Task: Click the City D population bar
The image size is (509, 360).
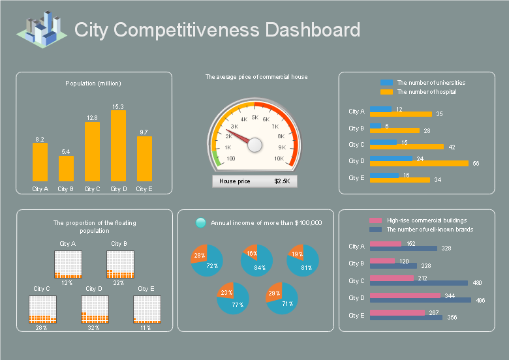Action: coord(118,145)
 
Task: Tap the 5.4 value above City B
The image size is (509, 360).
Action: coord(65,152)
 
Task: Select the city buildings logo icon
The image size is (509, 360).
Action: coord(42,29)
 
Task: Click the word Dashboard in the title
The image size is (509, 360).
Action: coord(313,29)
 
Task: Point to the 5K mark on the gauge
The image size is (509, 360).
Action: coord(255,117)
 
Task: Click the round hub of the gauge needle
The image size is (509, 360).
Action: coord(254,145)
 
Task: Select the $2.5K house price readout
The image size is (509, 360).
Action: coord(282,181)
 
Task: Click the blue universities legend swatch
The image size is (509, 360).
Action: coord(386,83)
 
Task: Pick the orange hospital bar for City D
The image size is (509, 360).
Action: coord(419,164)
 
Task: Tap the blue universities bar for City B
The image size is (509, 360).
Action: coord(376,126)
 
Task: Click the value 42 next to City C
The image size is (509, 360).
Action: coord(452,147)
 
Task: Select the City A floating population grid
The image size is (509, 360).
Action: coord(68,264)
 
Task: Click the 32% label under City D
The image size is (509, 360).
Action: coord(93,328)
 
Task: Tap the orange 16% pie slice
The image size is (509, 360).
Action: coord(251,252)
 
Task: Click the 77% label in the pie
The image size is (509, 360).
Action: coord(238,305)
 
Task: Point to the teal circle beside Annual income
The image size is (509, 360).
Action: coord(200,223)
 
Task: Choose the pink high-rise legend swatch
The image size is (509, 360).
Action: coord(376,220)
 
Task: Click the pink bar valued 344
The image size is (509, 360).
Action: coord(405,295)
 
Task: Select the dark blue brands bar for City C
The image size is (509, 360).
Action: coord(419,283)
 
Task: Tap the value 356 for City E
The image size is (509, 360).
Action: coord(452,317)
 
